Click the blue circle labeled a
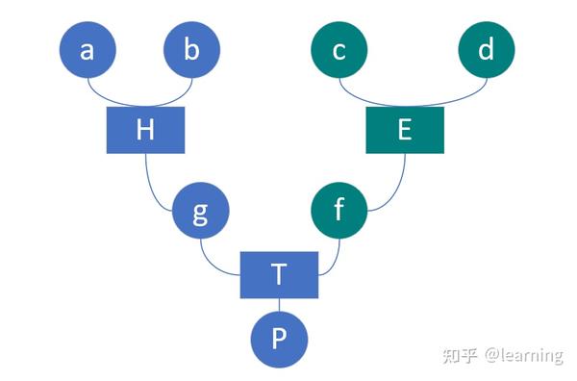(x=88, y=50)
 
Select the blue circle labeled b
(x=191, y=50)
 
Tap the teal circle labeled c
(x=339, y=50)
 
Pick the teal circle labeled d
(x=486, y=50)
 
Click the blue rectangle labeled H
(x=144, y=130)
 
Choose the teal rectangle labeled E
(x=404, y=130)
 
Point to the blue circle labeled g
(x=200, y=212)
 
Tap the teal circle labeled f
(x=339, y=212)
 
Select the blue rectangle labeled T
(x=278, y=274)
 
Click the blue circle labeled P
(x=279, y=340)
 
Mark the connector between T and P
(x=279, y=304)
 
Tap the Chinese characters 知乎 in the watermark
(x=460, y=355)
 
